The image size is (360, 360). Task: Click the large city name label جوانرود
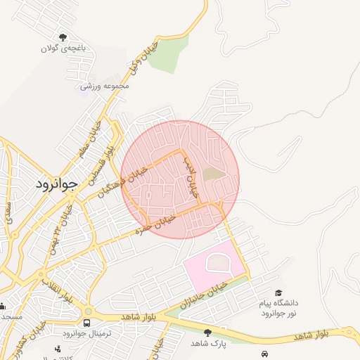(55, 184)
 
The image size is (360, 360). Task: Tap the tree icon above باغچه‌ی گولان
(63, 37)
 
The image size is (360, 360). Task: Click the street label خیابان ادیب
(191, 176)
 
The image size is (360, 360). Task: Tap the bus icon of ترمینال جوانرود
(86, 323)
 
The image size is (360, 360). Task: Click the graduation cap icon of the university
(278, 293)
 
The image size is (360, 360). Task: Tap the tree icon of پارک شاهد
(207, 332)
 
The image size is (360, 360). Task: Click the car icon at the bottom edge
(264, 353)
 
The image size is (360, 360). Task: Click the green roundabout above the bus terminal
(87, 311)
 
